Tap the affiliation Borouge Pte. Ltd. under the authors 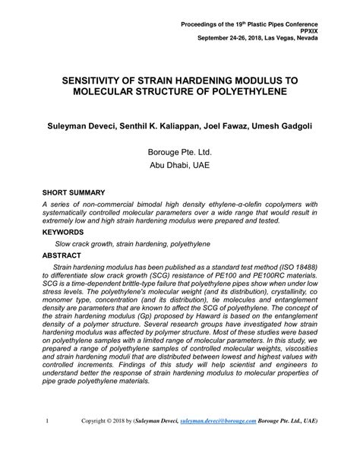(180, 151)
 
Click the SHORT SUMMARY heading (74, 192)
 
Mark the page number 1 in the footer (48, 439)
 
